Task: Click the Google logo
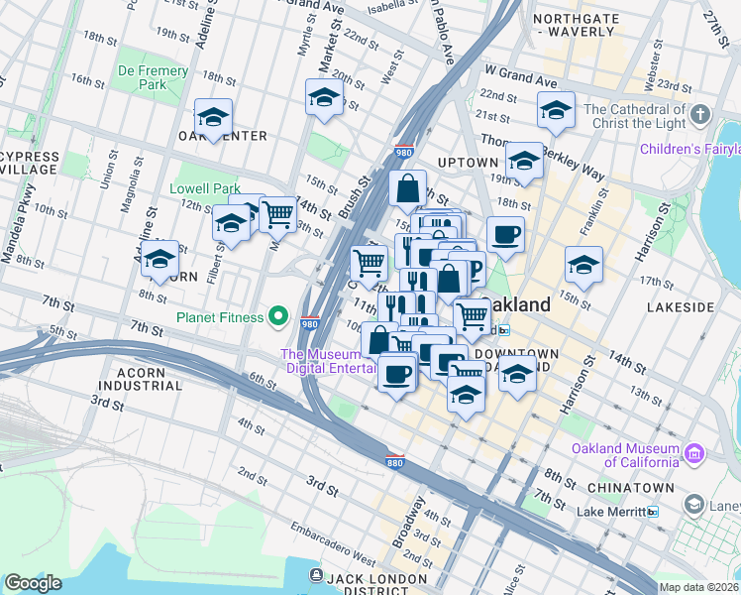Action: [33, 583]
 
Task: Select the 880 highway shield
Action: [395, 462]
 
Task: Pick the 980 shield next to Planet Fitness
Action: [309, 322]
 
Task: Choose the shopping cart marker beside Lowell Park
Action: [278, 212]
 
